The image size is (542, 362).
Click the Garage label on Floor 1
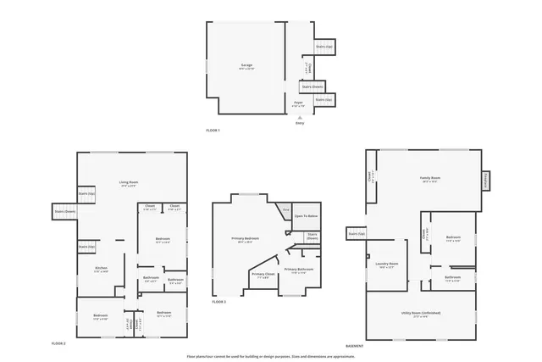tap(246, 65)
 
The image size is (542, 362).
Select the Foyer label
tap(299, 103)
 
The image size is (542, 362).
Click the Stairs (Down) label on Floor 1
tap(312, 86)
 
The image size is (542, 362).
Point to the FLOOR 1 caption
tap(213, 131)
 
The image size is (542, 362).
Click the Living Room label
tap(129, 182)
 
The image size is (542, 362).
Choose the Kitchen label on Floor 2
tap(101, 268)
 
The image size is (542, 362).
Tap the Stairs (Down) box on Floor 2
tap(65, 211)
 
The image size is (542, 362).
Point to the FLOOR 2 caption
tap(58, 343)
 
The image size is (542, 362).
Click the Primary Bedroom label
tap(245, 238)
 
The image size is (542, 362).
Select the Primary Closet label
tap(263, 274)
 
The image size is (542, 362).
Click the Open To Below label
tap(306, 216)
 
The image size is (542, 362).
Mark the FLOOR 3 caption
tap(218, 302)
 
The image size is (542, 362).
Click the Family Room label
tap(429, 178)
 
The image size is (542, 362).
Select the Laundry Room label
tap(387, 263)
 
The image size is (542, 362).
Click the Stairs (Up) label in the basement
tap(356, 233)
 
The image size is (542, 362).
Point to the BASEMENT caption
tap(355, 346)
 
